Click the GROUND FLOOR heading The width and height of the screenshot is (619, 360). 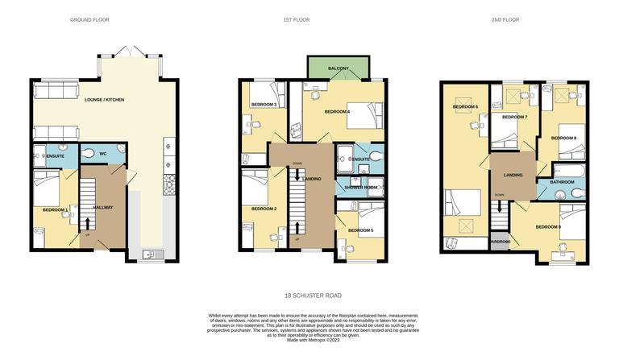[89, 19]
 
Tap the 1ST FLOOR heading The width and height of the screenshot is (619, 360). [296, 19]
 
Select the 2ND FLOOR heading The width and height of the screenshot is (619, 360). [505, 19]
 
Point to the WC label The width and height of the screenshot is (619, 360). [102, 153]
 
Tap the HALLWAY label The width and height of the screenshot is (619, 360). [102, 207]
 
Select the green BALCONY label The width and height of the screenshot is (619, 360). [339, 68]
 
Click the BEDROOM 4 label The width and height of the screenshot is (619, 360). [337, 111]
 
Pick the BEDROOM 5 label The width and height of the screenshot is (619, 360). [360, 230]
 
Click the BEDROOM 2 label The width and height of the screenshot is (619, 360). [264, 209]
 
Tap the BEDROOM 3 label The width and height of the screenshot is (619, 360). [264, 105]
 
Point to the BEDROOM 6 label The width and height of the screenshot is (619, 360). [465, 107]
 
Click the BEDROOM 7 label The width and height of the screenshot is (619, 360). [514, 118]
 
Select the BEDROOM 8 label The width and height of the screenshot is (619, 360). [563, 139]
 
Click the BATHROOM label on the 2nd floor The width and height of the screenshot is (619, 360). [562, 182]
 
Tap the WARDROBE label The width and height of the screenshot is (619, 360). [500, 242]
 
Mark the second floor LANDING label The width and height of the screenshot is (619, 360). [513, 175]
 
